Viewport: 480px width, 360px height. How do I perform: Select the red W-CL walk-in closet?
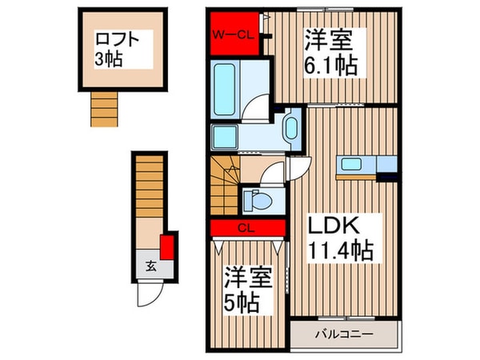pos(234,34)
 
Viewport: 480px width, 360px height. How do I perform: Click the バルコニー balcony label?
pos(343,334)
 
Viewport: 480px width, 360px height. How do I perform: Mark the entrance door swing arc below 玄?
pos(148,294)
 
